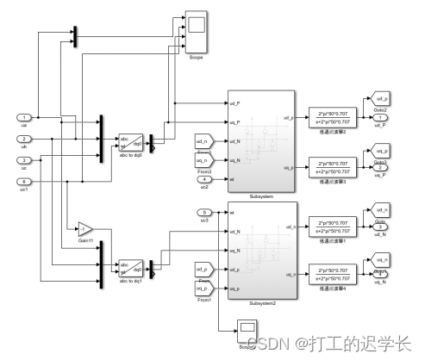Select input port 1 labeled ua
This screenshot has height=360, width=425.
[25, 116]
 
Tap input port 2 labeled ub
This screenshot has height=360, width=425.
[25, 138]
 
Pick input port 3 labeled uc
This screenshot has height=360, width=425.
[25, 159]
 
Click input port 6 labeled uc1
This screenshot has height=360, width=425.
[25, 181]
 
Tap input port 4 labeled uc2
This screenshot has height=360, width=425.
[204, 179]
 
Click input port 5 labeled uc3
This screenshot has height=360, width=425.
[204, 211]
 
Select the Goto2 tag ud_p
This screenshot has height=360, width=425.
[380, 101]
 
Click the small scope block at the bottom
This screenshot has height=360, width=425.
[247, 327]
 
